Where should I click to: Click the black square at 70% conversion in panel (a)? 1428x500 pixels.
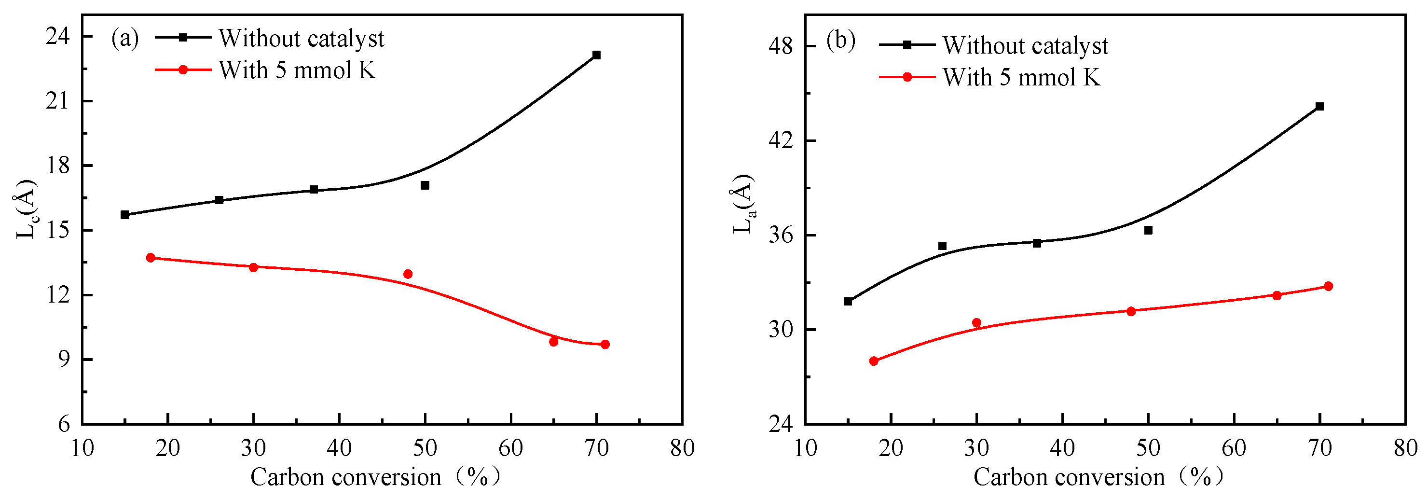coord(596,55)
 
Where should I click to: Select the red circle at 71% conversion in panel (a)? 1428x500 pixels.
coord(605,344)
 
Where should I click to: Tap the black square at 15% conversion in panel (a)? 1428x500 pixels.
coord(125,214)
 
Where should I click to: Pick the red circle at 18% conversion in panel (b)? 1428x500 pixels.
coord(874,361)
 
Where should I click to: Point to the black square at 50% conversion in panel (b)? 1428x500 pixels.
coord(1148,230)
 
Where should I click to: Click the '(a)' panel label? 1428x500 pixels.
coord(125,39)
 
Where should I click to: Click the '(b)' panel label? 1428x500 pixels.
coord(840,41)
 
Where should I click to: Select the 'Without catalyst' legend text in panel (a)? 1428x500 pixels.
coord(301,39)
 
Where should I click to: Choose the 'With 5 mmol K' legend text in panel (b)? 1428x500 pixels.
coord(1021,78)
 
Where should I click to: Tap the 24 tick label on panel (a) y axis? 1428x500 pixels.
coord(58,37)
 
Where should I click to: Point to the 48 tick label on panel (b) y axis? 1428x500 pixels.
coord(780,46)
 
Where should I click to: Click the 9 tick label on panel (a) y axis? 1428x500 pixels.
coord(64,359)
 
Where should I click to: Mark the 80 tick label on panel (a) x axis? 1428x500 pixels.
coord(682,448)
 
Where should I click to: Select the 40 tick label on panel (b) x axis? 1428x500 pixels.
coord(1062,448)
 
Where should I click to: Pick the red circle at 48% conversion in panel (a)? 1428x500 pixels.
coord(408,274)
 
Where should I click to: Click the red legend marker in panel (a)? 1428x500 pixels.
coord(183,70)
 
